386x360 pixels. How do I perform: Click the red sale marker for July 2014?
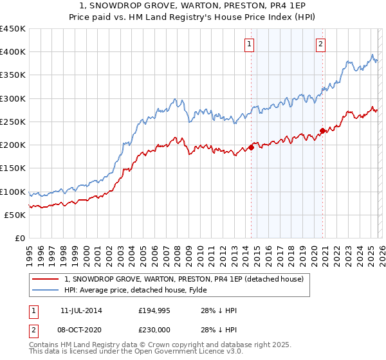[251, 147]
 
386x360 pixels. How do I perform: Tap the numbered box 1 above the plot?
[249, 44]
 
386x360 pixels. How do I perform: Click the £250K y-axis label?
[13, 122]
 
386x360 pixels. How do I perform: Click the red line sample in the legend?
[46, 279]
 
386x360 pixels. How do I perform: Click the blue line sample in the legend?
[46, 290]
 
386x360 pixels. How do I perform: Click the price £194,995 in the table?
[154, 310]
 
